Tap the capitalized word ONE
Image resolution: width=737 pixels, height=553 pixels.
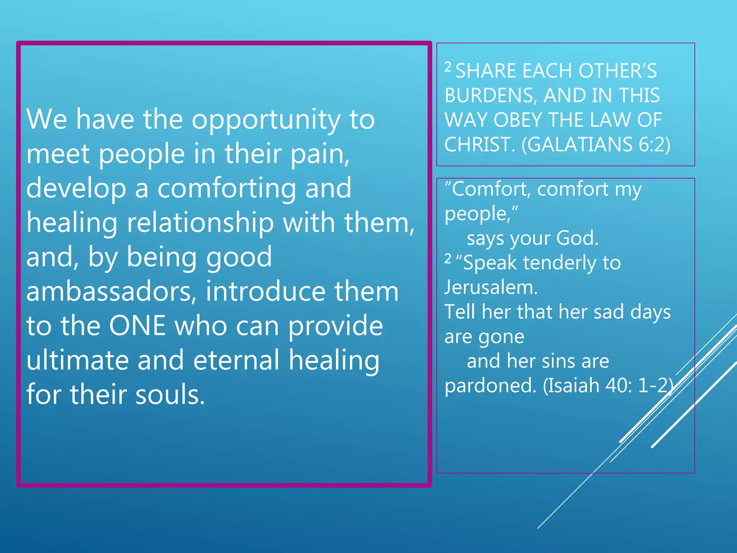(137, 326)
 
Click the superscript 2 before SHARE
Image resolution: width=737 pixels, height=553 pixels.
(448, 67)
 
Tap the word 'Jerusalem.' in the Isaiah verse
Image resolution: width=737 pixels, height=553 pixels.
(491, 288)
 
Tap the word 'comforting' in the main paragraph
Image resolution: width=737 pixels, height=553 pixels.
(227, 189)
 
